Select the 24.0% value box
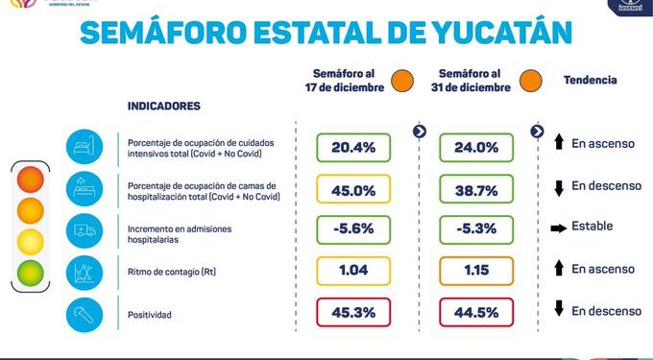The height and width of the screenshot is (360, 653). [475, 148]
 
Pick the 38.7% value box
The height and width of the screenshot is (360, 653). [475, 189]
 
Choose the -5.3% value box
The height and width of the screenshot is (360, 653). [475, 229]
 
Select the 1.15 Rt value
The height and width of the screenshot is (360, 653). [475, 271]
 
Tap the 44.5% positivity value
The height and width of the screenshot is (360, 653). [475, 312]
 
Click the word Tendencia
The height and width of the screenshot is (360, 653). [590, 81]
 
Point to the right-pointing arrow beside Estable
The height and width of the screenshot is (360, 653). [557, 228]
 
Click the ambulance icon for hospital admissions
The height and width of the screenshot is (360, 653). [82, 230]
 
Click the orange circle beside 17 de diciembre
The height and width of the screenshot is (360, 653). [402, 81]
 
